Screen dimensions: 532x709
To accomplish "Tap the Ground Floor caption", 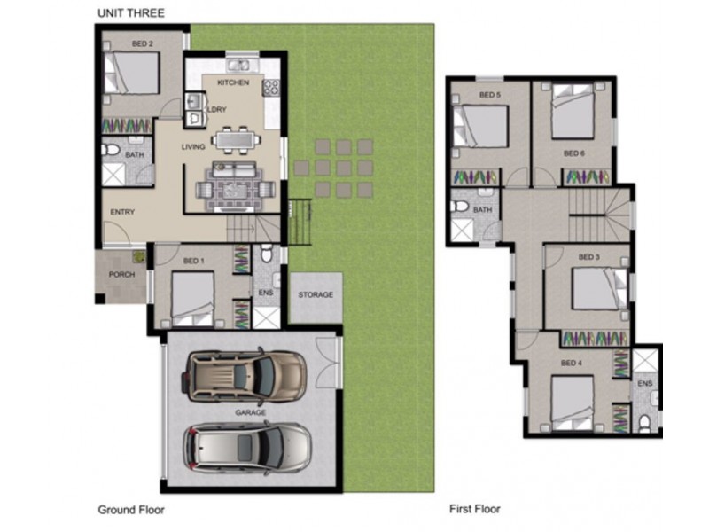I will (131, 510).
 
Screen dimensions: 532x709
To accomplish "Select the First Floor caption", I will (474, 510).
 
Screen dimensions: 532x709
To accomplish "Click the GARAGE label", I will (249, 412).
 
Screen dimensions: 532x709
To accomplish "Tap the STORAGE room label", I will (316, 294).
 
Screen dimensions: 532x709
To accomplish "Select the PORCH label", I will (121, 274).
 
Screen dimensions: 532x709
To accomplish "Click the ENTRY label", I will (121, 213).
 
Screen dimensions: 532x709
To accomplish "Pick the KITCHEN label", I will (233, 83).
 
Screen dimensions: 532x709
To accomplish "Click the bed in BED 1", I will (192, 299).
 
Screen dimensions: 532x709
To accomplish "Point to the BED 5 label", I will (490, 94).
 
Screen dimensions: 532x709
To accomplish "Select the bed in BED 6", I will (573, 113).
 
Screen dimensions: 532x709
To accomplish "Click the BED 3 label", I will (589, 257).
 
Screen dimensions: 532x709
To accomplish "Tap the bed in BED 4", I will (573, 403).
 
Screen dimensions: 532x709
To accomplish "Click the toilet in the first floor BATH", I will (460, 207).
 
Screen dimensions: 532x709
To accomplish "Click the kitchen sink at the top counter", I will (238, 64).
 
